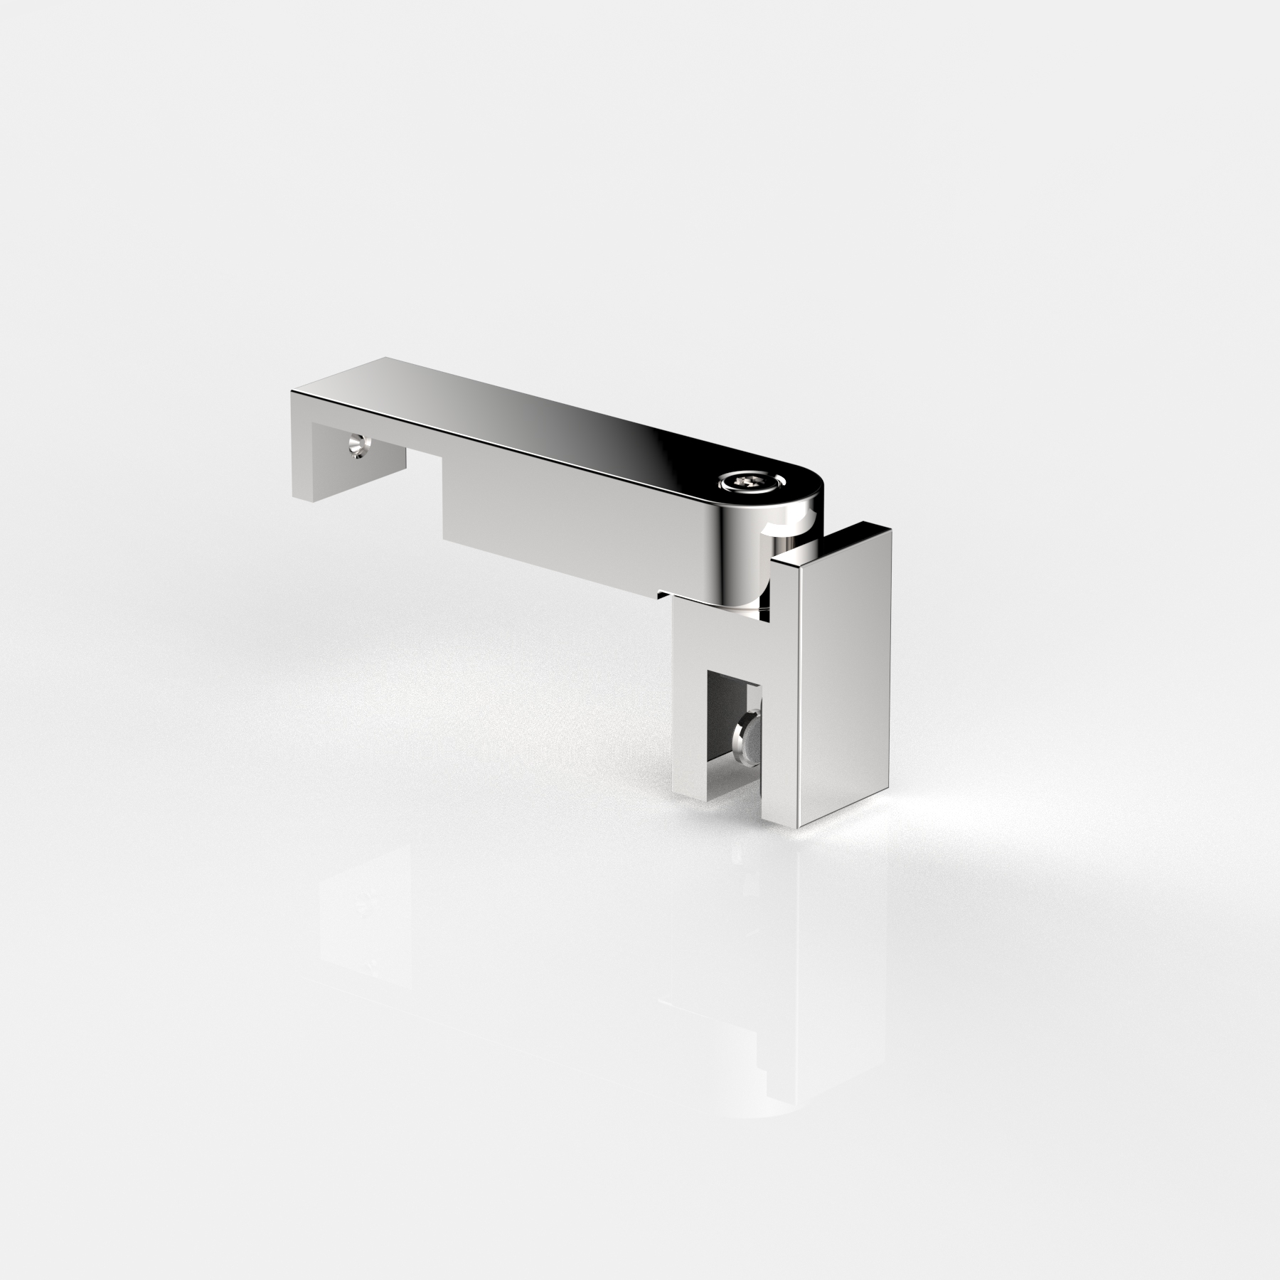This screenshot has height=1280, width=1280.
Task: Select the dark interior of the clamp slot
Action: pyautogui.click(x=722, y=711)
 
